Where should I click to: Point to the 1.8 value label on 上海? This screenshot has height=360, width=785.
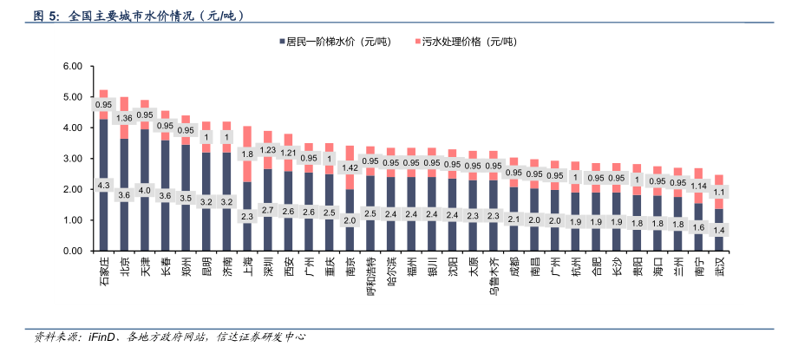[247, 154]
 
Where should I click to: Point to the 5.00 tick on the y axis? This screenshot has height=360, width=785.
[72, 97]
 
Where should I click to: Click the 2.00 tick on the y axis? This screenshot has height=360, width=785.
[72, 190]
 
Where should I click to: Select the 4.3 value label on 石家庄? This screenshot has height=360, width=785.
[104, 185]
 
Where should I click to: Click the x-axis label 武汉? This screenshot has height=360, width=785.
[719, 267]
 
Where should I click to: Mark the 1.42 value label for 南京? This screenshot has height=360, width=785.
[350, 167]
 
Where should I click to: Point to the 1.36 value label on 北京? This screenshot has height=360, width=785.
[124, 118]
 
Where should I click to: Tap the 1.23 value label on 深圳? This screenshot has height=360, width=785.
[268, 149]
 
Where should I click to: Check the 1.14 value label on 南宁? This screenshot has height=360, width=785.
[698, 185]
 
